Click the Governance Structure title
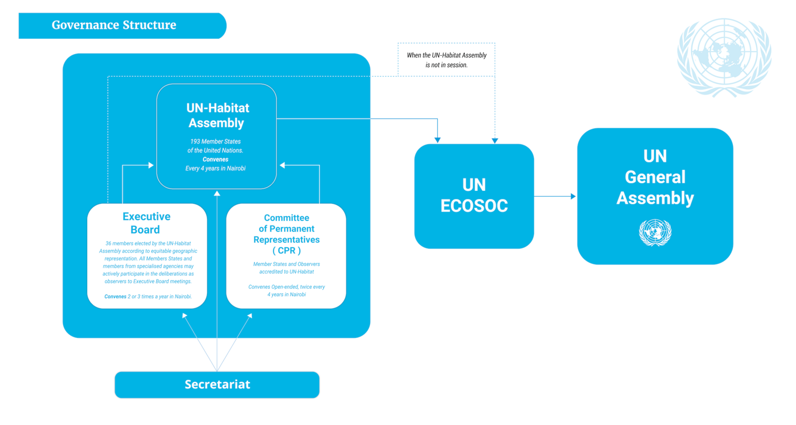[114, 25]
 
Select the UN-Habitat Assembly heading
[217, 115]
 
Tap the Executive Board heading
[146, 223]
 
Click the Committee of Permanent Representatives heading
[287, 234]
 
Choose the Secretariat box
[217, 384]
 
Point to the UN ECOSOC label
[474, 195]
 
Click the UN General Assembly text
[655, 177]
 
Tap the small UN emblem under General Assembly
[655, 233]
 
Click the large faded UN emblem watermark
[724, 57]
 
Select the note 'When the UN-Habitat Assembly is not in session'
[446, 60]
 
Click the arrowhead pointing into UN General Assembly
[573, 196]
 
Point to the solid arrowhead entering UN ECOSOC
[437, 140]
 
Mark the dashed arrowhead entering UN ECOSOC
[495, 141]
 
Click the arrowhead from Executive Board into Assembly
[151, 165]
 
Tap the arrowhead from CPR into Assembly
[283, 165]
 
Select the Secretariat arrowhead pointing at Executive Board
[185, 316]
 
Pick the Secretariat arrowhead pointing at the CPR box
[250, 316]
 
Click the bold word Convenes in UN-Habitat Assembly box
[215, 160]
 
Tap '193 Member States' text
[215, 142]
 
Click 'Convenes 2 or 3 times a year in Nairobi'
[148, 297]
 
